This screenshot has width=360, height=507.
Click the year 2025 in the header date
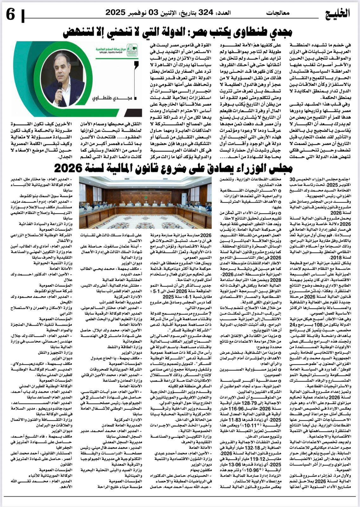pyautogui.click(x=116, y=13)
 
